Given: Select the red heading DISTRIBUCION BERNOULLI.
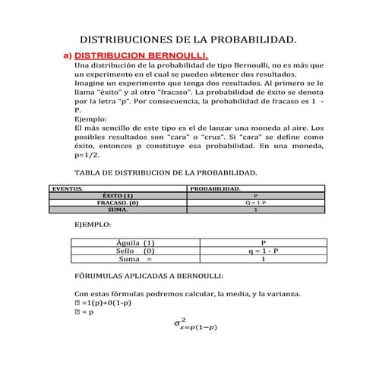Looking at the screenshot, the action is tap(141, 56).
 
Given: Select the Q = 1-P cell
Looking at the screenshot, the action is tap(255, 203).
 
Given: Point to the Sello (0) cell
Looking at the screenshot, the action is tap(135, 250).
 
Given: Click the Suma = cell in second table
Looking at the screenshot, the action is tap(135, 258).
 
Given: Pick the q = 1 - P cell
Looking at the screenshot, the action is tap(263, 250).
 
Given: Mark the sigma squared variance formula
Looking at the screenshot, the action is tap(195, 325).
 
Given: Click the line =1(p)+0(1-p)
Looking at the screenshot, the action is tap(103, 302).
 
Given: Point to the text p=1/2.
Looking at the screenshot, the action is tap(90, 153).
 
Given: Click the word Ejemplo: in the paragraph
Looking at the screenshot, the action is tap(91, 118).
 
